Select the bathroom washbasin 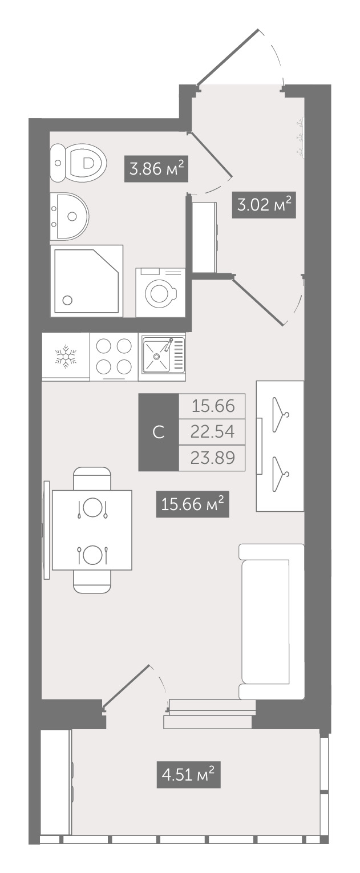point(70,216)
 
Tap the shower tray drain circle point(67,300)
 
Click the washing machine point(160,292)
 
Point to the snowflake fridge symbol point(66,355)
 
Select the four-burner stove point(114,357)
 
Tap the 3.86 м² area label point(156,169)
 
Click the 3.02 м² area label point(264,204)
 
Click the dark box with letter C point(159,432)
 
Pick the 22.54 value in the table point(212,431)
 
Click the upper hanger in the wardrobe point(281,414)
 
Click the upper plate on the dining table point(92,507)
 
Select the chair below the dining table point(92,581)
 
